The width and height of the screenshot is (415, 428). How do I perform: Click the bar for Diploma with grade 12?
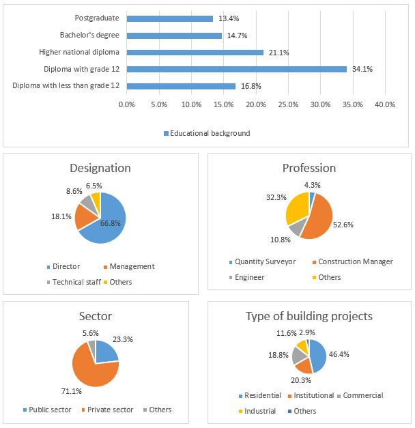pos(237,70)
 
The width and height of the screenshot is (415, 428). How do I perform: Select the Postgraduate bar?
pos(170,18)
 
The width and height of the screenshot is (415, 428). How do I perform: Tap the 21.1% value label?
pos(278,53)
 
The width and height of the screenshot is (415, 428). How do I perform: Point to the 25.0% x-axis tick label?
pos(288,104)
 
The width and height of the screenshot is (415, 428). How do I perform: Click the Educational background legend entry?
pos(207,133)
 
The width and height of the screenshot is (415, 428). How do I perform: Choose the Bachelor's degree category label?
pos(89,35)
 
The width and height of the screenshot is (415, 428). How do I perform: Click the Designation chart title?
pos(100,168)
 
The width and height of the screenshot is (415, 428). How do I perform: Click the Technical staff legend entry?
pos(74,282)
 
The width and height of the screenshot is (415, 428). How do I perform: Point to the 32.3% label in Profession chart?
pos(276,197)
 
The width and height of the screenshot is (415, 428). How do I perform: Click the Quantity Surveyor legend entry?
pos(262,261)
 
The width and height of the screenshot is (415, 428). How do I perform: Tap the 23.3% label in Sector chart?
pos(123,339)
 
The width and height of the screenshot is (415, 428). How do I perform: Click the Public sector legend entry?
pos(47,410)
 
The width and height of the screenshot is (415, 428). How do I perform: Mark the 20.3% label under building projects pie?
pos(301,380)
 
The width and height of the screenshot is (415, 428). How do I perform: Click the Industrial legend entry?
pos(257,411)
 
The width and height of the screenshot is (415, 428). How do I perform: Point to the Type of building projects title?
pos(309,316)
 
